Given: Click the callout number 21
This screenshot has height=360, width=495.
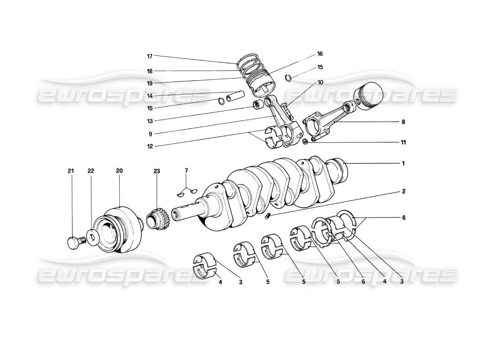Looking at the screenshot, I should (x=70, y=171).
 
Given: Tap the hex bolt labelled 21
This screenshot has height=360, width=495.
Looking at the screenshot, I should (x=72, y=243).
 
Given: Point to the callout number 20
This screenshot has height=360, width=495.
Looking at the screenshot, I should (x=119, y=171).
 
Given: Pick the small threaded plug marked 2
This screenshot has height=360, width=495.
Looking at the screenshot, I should (x=267, y=218).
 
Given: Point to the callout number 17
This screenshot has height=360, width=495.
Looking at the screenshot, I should (x=149, y=56).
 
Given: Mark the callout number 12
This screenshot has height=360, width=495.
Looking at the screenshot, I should (x=149, y=146).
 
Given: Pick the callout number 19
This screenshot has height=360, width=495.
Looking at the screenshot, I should (x=149, y=83).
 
